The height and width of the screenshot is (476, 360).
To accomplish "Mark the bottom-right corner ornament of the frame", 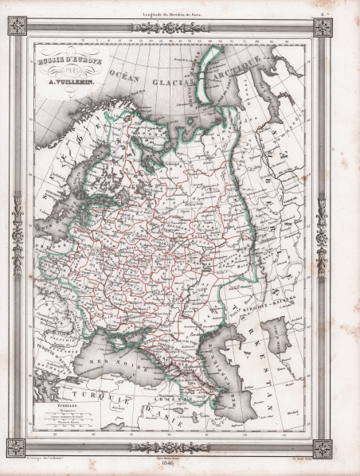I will pos(323,448).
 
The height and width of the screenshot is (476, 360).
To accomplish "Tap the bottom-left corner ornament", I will pos(17,448).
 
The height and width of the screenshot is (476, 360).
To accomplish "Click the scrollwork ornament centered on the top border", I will pos(170,28).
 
